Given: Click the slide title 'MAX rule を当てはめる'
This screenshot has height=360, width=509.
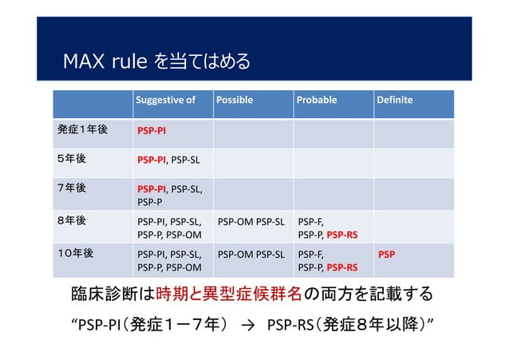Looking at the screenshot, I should pos(156,61).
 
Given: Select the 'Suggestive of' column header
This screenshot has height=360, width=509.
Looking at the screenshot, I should pos(165,101).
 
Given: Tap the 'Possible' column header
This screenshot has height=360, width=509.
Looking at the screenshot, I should pos(235,101).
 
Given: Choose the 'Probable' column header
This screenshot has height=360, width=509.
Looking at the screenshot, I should pos(317,101).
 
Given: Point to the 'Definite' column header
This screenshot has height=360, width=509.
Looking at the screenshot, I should pos(395,101).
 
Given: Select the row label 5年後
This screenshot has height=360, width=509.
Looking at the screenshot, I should pos(72,158).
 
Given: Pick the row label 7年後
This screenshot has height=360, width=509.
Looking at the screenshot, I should pos(72,188).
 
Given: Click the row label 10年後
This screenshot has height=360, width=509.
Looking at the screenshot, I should pos(75,253).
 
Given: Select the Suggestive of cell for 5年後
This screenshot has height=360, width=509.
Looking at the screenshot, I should pos(169,160).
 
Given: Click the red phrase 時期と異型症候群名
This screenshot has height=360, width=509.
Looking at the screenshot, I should pos(229,295).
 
